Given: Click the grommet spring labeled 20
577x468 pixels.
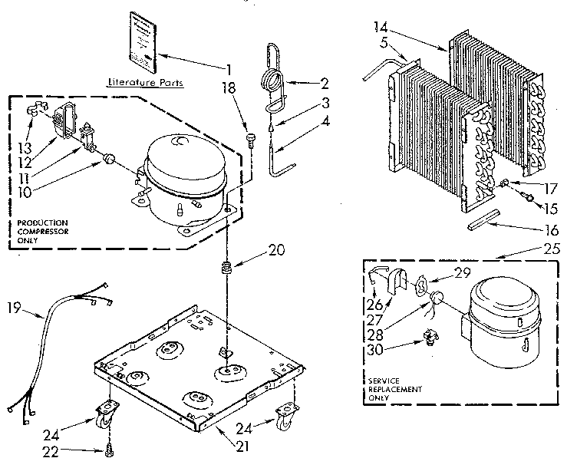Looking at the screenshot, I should click(x=227, y=269).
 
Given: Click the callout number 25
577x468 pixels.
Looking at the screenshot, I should click(x=507, y=249).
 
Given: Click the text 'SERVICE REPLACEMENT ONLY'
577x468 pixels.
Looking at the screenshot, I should click(x=395, y=389).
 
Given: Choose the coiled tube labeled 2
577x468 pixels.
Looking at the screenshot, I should click(x=269, y=77).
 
